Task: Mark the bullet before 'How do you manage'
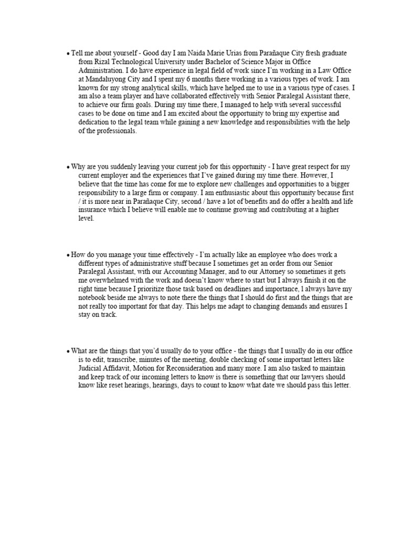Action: point(68,255)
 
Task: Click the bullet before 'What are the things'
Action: point(68,351)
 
